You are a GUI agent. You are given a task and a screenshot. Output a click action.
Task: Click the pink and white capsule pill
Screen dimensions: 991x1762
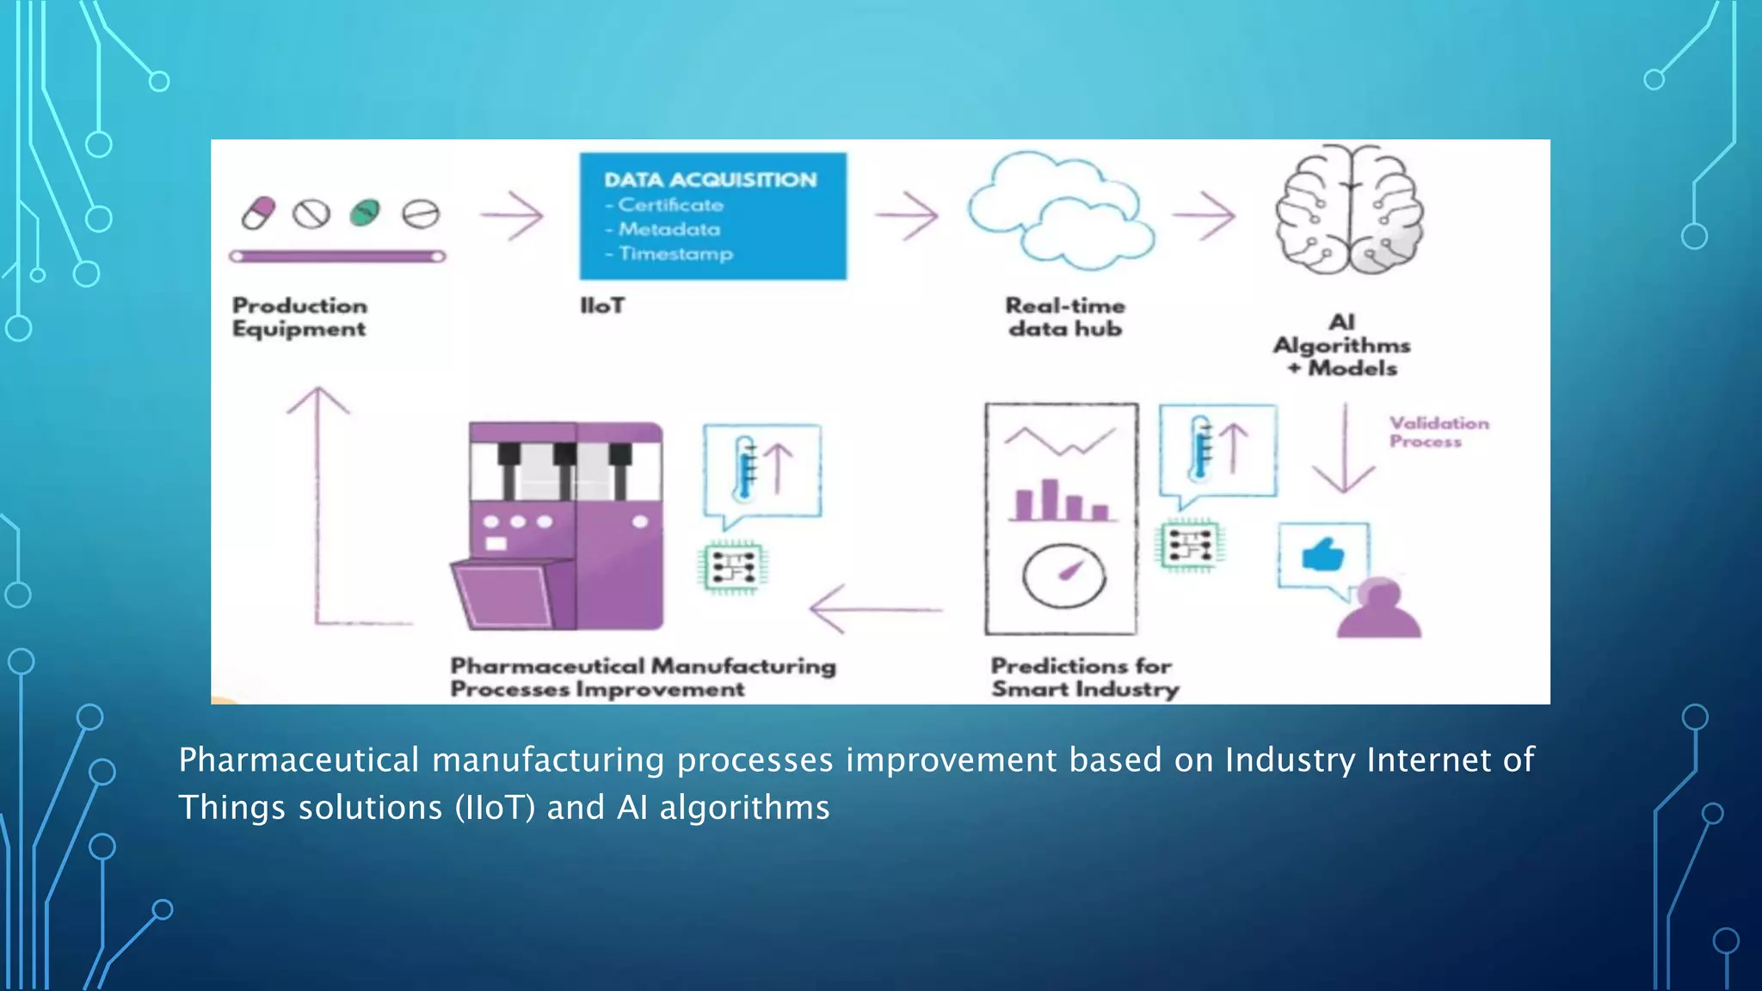click(x=258, y=212)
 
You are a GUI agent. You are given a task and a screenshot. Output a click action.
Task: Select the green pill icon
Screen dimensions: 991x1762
click(x=365, y=212)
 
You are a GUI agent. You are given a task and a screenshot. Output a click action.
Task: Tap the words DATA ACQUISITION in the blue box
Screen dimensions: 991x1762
click(x=710, y=180)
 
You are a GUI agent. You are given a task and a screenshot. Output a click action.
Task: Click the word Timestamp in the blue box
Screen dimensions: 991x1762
click(x=675, y=254)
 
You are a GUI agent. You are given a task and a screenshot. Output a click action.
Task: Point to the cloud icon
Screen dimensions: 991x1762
click(x=1060, y=211)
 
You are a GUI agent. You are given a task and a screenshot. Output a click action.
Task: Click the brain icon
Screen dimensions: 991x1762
click(x=1348, y=211)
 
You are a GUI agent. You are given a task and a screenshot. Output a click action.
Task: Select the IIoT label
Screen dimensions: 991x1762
click(x=602, y=305)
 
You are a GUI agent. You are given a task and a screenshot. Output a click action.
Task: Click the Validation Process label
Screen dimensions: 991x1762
click(x=1438, y=432)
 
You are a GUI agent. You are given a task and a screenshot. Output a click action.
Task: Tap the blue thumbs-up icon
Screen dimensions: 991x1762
click(x=1322, y=555)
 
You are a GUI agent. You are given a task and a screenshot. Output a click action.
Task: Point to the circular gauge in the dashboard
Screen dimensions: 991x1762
click(x=1063, y=576)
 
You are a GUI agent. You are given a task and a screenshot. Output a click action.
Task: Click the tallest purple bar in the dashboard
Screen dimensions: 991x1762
click(x=1050, y=500)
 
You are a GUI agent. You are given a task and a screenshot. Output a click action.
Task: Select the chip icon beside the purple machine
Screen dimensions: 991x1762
click(x=732, y=568)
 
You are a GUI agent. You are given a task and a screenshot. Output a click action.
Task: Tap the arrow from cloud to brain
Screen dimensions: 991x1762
click(x=1204, y=215)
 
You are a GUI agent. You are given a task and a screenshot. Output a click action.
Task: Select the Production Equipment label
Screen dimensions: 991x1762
click(x=299, y=317)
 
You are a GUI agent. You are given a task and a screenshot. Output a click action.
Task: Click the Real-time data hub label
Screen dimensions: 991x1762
click(x=1065, y=317)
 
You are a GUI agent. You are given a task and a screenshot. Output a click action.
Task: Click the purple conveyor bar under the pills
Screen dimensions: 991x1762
click(x=337, y=256)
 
